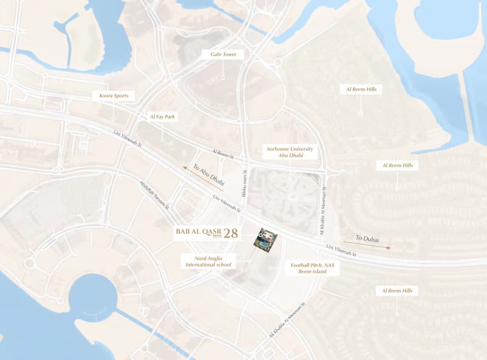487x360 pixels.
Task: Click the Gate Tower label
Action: click(223, 54)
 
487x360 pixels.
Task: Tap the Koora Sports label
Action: click(113, 96)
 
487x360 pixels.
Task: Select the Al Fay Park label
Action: click(162, 116)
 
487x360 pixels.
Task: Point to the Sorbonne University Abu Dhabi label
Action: click(290, 152)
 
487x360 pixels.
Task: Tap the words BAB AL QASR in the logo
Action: click(198, 232)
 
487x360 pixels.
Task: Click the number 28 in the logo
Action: click(231, 233)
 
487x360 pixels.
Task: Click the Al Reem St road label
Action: click(223, 153)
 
